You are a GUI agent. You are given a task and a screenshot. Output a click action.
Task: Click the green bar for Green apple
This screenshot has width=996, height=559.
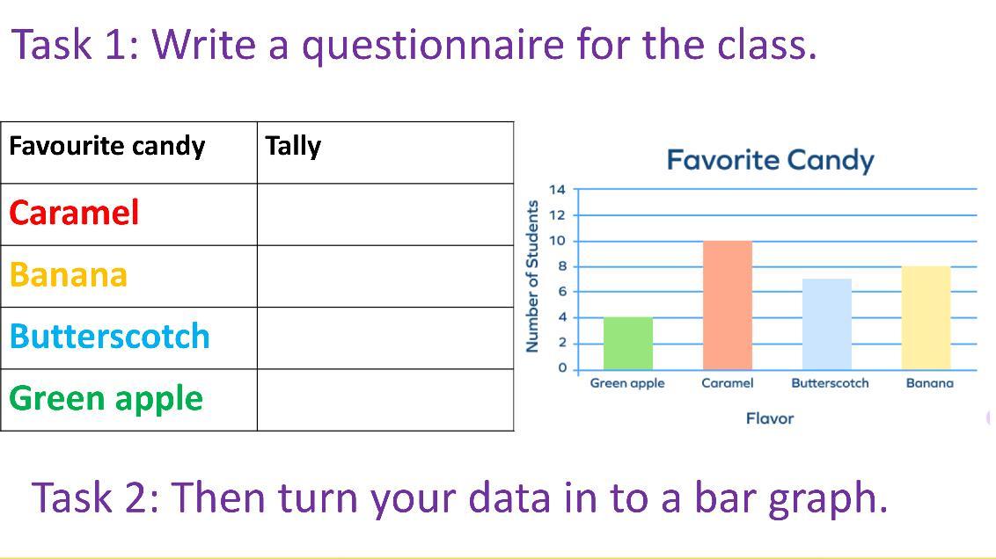click(x=627, y=344)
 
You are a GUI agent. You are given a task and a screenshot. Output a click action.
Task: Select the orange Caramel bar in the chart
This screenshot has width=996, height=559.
click(x=728, y=305)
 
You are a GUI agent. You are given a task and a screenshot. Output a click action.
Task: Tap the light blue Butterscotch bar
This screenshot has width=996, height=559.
click(x=826, y=324)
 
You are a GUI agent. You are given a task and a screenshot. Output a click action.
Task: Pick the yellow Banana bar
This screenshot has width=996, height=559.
click(x=926, y=318)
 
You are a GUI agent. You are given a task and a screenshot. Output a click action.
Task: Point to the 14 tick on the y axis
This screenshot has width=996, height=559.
click(x=557, y=189)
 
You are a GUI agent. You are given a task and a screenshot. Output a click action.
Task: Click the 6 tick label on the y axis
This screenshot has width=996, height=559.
click(x=561, y=292)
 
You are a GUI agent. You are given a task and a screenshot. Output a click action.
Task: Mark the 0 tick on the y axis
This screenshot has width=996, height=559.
click(x=561, y=368)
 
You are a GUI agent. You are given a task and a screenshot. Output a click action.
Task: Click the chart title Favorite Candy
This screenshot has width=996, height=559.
click(x=770, y=161)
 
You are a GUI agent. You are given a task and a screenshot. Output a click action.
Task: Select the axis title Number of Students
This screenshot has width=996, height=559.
click(x=532, y=276)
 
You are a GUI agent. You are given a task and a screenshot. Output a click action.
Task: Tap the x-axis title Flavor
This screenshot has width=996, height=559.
click(x=770, y=418)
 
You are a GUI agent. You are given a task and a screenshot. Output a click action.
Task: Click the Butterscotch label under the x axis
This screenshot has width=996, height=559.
click(x=830, y=382)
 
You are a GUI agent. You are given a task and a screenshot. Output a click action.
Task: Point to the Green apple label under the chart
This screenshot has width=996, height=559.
click(x=627, y=383)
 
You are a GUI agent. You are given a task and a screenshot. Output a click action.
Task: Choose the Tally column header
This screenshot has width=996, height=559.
click(x=293, y=146)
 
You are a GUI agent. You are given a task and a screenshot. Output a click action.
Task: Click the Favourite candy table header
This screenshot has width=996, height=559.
click(x=106, y=146)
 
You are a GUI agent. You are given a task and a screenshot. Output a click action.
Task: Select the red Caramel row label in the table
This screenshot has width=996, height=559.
click(x=74, y=213)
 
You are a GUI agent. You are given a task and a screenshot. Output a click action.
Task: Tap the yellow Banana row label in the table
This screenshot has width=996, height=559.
click(x=69, y=274)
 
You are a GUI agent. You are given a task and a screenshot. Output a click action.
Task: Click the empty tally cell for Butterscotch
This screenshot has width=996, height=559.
click(x=385, y=338)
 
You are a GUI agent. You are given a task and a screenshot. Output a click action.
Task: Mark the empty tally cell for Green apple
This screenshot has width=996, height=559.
click(x=385, y=400)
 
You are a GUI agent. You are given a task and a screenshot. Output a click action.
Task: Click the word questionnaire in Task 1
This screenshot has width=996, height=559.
click(x=433, y=46)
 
